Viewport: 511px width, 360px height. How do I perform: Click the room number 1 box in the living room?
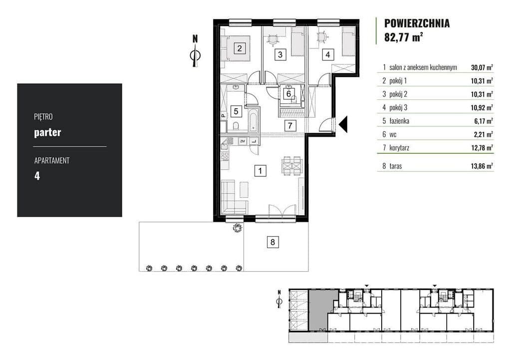260,171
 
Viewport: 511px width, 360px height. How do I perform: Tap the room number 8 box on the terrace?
273,242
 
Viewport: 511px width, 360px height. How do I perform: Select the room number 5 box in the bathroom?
236,111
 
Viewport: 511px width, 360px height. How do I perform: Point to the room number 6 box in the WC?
289,94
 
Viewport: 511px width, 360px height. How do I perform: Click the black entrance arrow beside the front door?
343,124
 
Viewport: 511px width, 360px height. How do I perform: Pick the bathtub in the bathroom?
254,120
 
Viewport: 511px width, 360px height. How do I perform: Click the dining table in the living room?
292,166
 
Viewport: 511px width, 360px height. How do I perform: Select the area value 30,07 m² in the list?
482,67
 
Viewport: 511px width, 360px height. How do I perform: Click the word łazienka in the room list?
399,121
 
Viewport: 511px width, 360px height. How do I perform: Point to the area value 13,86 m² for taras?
482,166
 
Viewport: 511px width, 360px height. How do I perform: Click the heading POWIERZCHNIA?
417,23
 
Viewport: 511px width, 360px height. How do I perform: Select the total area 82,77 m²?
403,37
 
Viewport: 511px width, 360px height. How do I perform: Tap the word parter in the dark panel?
47,133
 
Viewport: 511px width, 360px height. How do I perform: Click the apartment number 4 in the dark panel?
37,176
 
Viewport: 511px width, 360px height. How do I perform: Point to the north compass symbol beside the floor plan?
195,51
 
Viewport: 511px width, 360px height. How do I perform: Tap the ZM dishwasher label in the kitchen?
243,141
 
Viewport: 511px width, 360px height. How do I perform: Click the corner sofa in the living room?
234,198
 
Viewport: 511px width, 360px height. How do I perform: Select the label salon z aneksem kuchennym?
423,67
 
